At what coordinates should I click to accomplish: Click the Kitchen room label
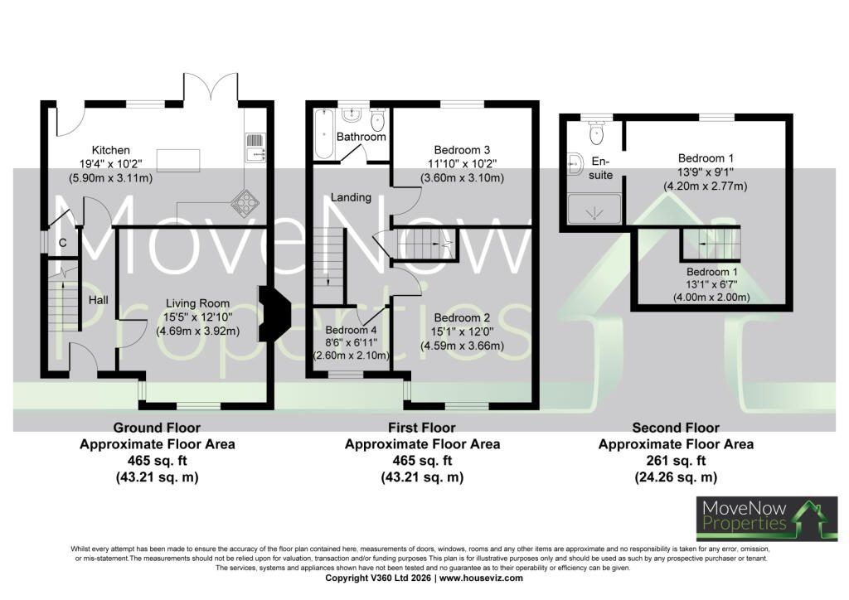[x=110, y=150]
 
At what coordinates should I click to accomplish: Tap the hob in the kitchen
[x=245, y=202]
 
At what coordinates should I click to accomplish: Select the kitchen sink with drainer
[x=255, y=148]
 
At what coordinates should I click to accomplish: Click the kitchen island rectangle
[x=178, y=160]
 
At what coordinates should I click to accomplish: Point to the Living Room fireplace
[x=274, y=314]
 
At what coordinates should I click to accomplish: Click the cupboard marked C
[x=62, y=243]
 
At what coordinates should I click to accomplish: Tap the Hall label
[x=99, y=300]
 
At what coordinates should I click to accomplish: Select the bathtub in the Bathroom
[x=324, y=133]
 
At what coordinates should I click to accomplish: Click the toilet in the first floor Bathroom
[x=377, y=119]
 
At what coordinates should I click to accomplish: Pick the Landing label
[x=351, y=197]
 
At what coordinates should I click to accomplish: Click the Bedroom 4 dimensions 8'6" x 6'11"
[x=351, y=342]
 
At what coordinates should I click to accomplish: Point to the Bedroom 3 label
[x=462, y=150]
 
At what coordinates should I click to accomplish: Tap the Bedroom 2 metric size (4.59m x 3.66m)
[x=462, y=346]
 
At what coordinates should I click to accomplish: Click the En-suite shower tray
[x=594, y=209]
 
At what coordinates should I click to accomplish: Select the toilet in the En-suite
[x=596, y=132]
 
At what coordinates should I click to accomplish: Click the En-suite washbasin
[x=575, y=166]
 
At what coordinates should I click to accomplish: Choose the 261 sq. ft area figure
[x=676, y=461]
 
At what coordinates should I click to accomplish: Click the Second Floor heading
[x=676, y=428]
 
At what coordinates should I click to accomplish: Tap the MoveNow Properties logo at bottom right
[x=767, y=518]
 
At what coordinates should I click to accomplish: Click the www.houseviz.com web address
[x=481, y=578]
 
